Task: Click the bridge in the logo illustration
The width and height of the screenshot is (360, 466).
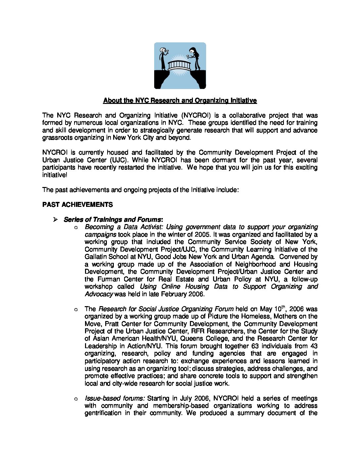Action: coord(180,65)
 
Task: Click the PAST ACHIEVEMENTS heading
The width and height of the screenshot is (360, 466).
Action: coord(77,205)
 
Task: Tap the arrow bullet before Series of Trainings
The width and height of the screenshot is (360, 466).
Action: coord(56,219)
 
